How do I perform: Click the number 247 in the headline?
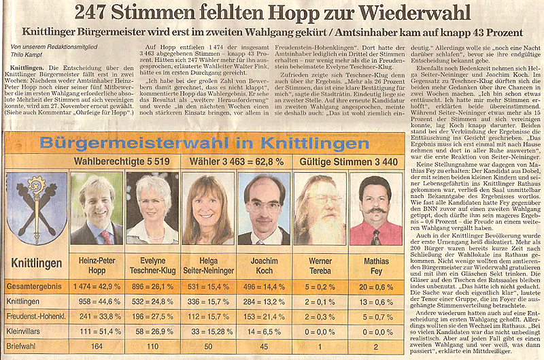[x=96, y=12]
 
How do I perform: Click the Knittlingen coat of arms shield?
[x=36, y=207]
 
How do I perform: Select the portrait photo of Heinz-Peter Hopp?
[x=97, y=208]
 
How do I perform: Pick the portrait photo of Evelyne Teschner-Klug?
[x=152, y=208]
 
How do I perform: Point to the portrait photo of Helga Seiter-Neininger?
[x=208, y=208]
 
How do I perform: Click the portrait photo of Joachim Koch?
[x=264, y=208]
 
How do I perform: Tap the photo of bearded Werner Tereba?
[x=320, y=208]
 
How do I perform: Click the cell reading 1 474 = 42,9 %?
[x=97, y=287]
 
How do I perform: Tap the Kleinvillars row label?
[x=28, y=331]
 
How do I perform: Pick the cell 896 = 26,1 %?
[x=152, y=287]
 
